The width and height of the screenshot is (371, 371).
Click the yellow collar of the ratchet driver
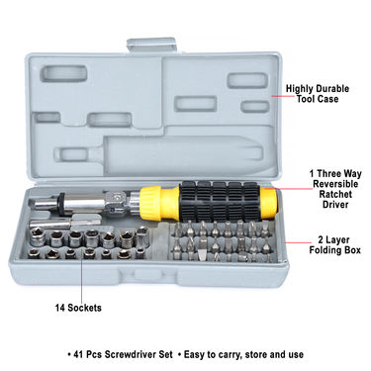click(150, 204)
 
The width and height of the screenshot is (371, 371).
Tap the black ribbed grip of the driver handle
click(220, 201)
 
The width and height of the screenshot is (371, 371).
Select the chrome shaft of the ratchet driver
click(82, 202)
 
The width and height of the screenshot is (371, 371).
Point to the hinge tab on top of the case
click(151, 45)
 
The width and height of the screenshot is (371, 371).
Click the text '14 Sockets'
click(78, 308)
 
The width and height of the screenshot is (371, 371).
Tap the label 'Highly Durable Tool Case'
click(318, 94)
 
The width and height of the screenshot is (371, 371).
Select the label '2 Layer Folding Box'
click(334, 245)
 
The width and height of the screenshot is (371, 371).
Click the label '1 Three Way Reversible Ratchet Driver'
click(335, 189)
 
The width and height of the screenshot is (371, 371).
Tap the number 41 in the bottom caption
click(78, 354)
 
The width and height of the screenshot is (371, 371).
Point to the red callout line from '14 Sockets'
click(81, 276)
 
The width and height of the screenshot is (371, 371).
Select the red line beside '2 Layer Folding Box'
click(298, 242)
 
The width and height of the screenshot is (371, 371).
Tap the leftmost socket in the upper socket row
click(38, 237)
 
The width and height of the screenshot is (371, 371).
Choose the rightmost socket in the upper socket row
click(142, 235)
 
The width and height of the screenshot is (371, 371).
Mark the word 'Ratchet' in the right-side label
click(335, 194)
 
